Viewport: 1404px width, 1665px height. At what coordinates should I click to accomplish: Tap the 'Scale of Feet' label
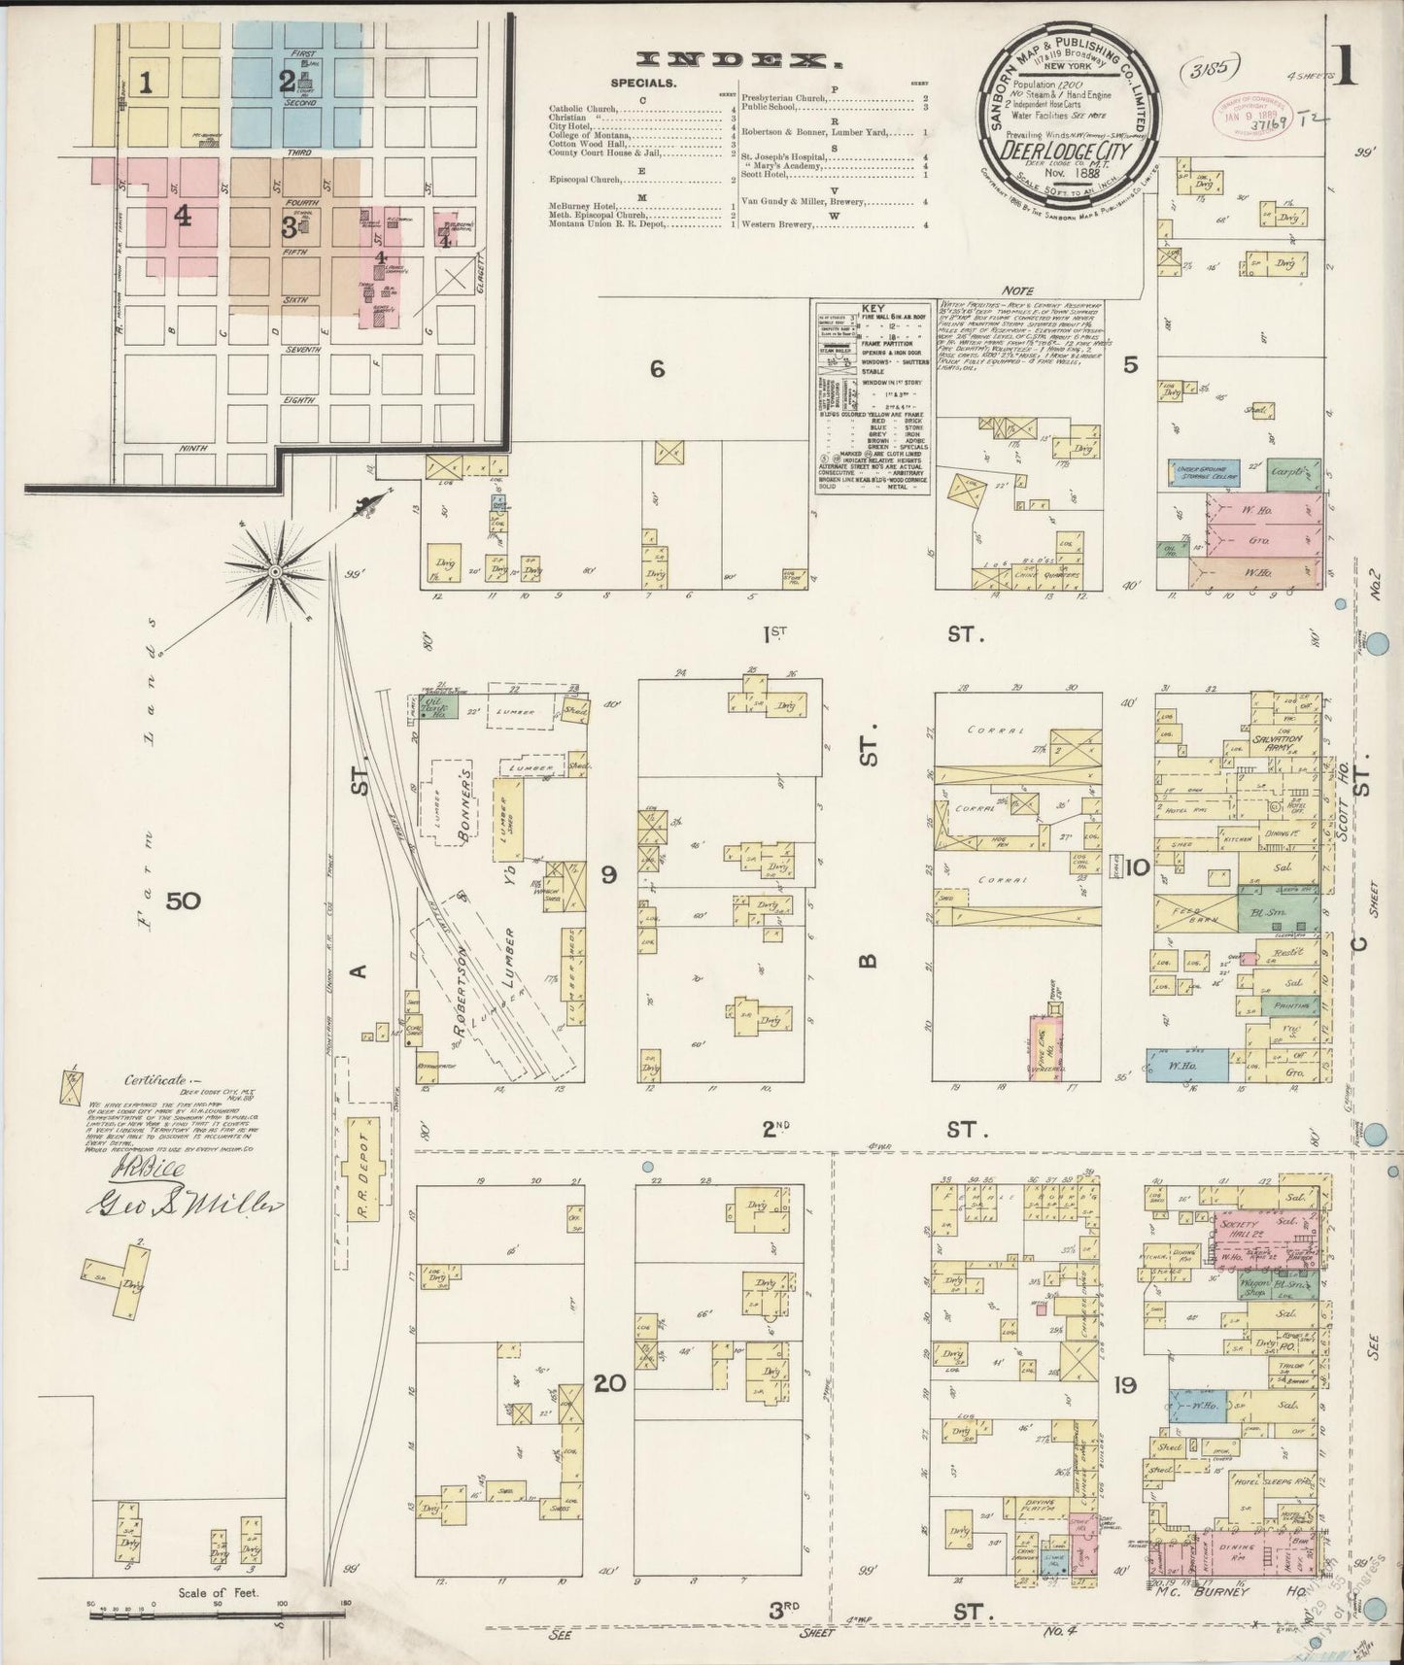coord(210,1593)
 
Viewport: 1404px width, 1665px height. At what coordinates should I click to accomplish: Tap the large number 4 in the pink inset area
coord(183,219)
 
